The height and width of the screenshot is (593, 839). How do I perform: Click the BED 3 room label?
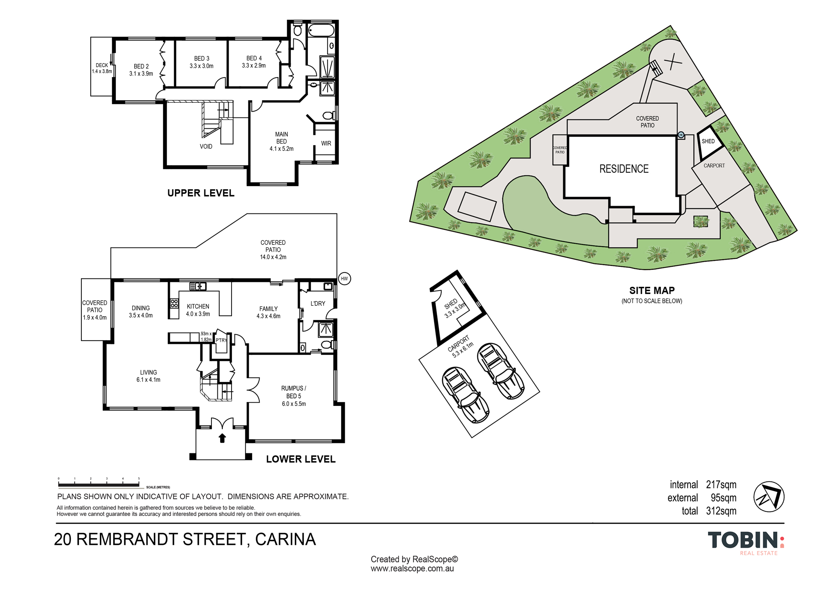tap(201, 62)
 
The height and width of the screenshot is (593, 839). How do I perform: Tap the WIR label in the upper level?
tap(326, 143)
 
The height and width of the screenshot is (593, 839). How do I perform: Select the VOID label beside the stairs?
tap(206, 146)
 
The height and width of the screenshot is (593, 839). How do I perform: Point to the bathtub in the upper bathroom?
tap(321, 30)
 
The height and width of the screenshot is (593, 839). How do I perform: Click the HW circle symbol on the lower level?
tap(344, 278)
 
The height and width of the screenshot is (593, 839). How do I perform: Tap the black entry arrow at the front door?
tap(222, 438)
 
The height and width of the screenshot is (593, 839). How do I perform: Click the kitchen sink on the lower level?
tap(198, 286)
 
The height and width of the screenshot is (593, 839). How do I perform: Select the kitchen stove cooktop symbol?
tap(174, 303)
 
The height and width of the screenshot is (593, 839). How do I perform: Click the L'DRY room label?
tap(318, 303)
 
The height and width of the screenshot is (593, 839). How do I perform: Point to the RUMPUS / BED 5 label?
tap(294, 396)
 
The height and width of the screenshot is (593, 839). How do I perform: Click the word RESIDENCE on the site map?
tap(624, 169)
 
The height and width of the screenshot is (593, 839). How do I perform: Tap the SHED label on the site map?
tap(708, 141)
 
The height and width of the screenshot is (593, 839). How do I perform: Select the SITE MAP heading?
tap(652, 290)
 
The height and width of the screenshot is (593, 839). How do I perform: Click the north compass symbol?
tap(769, 497)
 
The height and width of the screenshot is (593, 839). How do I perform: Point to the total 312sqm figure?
tap(709, 511)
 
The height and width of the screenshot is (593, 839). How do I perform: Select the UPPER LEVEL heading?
tap(201, 193)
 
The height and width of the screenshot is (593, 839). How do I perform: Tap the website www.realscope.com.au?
tap(412, 569)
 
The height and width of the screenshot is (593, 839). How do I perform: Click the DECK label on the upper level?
tap(102, 68)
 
